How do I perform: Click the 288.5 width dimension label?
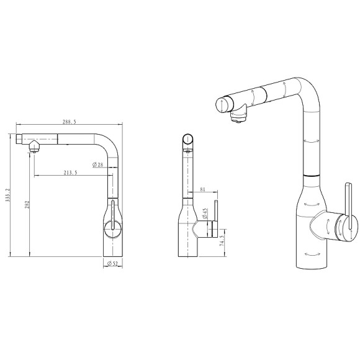(70, 122)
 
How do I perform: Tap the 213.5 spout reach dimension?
(70, 173)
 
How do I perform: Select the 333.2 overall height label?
(8, 195)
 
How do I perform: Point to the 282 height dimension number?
(27, 204)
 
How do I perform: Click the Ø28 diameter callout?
(98, 164)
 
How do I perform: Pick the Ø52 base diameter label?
(112, 264)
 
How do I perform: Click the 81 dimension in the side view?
(203, 189)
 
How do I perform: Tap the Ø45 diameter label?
(205, 214)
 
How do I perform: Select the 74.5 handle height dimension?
(222, 241)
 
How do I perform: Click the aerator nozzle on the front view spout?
(34, 147)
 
